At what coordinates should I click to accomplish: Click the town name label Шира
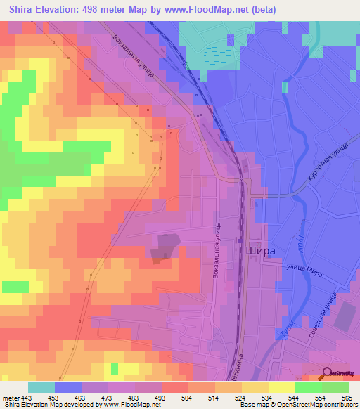[x=259, y=249]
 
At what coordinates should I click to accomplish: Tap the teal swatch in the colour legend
[x=41, y=387]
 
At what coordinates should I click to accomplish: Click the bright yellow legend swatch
[x=281, y=387]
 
